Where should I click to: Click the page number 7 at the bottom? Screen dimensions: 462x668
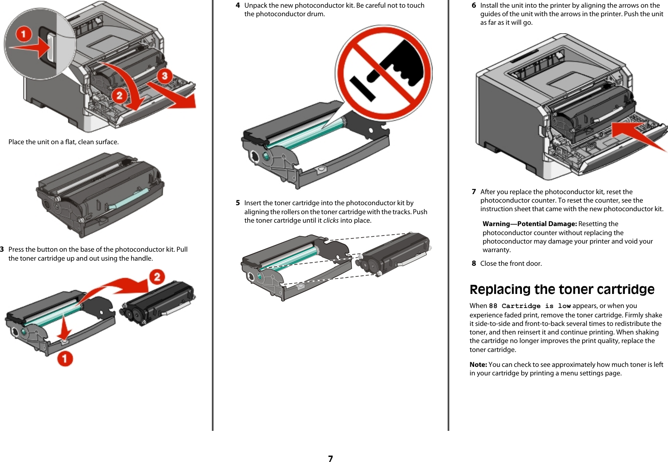click(330, 458)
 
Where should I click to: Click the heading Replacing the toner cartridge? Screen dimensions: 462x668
click(562, 290)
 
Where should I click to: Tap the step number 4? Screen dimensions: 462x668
click(237, 6)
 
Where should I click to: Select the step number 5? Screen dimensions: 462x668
click(237, 203)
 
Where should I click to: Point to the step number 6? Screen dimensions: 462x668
click(474, 6)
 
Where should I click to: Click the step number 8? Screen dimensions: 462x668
click(474, 264)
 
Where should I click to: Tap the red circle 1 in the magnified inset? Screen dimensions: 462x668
click(24, 34)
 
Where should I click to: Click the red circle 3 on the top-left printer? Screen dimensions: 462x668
click(164, 76)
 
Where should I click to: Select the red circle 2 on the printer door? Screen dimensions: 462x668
click(120, 95)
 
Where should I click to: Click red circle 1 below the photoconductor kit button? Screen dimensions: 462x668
click(65, 358)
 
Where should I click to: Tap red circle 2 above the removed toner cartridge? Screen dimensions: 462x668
click(157, 277)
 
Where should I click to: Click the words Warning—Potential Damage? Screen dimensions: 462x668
click(530, 224)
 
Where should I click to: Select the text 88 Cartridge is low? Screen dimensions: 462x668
click(530, 306)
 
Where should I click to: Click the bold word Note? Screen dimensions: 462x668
click(478, 365)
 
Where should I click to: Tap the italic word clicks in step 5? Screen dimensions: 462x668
click(331, 221)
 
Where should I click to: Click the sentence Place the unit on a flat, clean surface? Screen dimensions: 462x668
click(64, 142)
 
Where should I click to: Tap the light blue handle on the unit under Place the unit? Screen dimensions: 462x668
click(128, 199)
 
